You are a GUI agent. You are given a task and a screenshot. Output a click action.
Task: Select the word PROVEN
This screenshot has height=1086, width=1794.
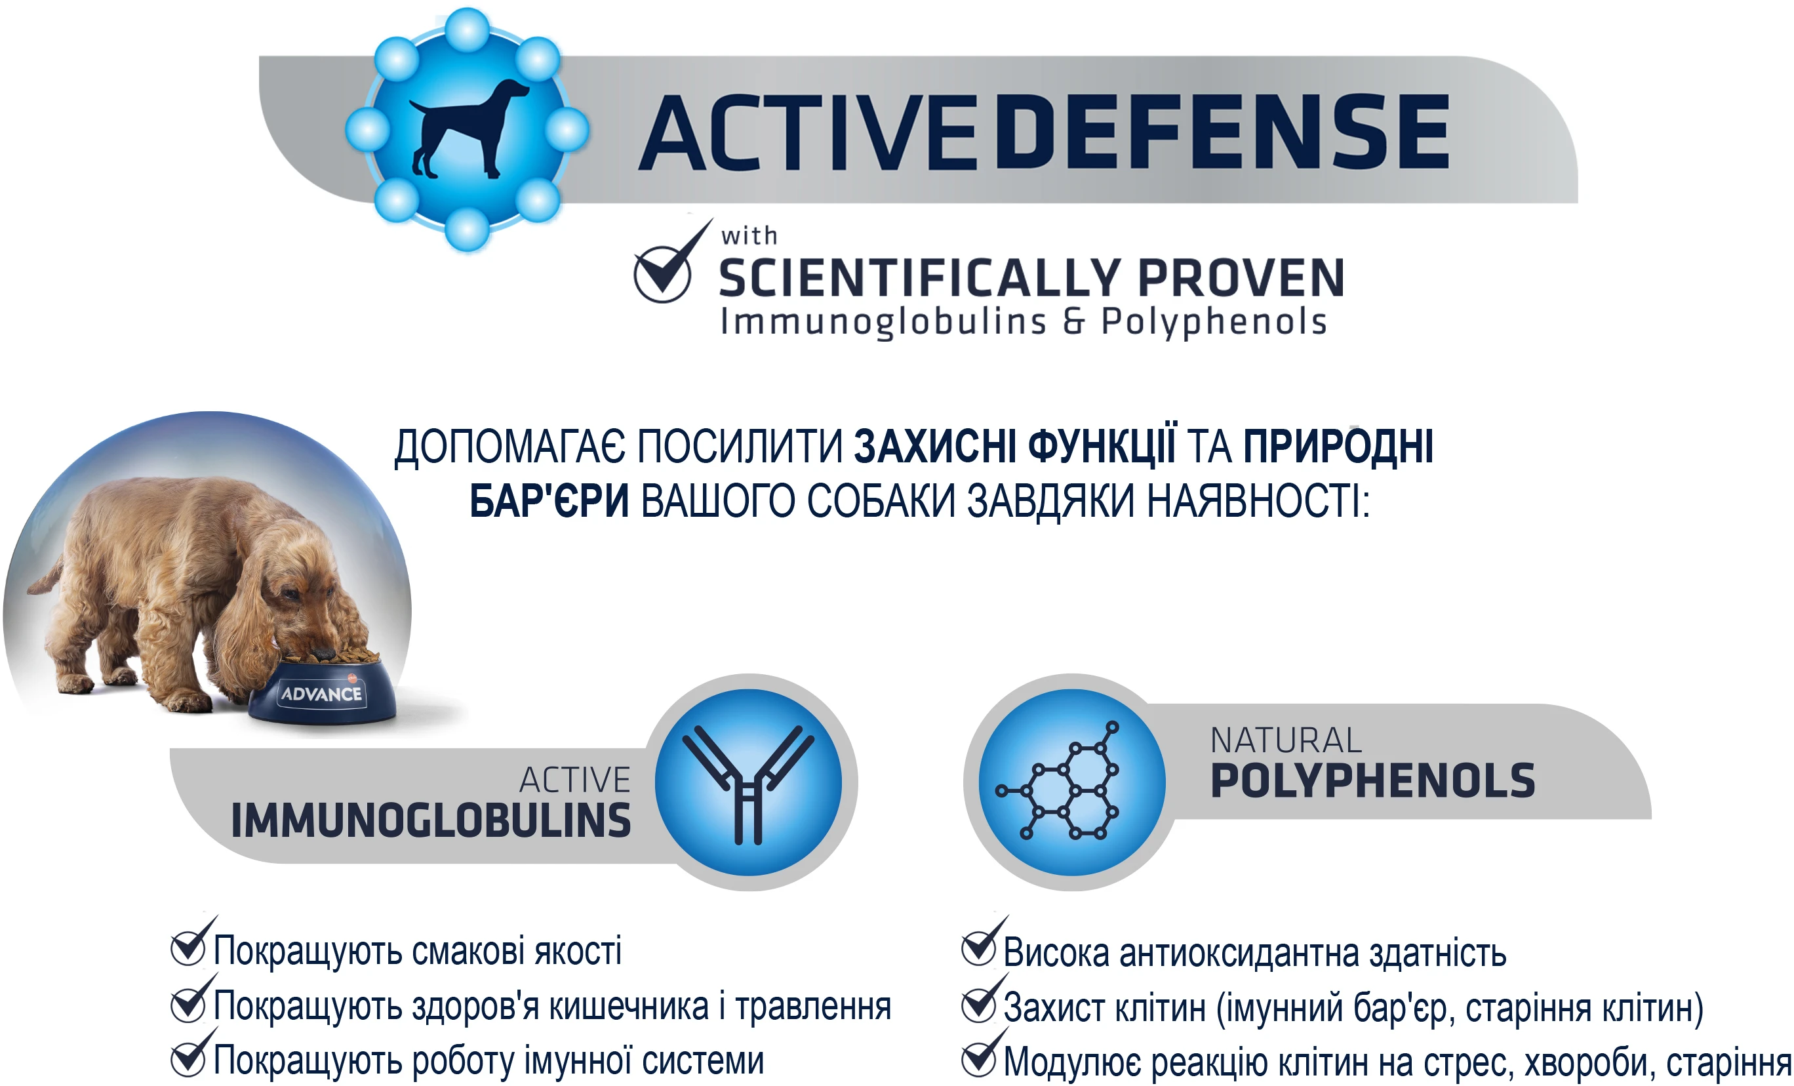[1241, 277]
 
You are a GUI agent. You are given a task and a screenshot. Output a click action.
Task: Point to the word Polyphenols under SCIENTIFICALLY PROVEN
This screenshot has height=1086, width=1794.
[1214, 322]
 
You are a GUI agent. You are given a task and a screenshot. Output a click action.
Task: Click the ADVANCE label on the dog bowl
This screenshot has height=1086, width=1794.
[322, 693]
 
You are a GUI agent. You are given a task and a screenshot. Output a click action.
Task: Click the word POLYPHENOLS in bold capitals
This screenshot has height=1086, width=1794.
[1372, 781]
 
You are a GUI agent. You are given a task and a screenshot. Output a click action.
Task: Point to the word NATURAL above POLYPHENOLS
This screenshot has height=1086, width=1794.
[1285, 741]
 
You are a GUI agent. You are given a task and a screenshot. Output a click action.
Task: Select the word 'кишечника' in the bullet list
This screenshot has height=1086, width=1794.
[628, 1007]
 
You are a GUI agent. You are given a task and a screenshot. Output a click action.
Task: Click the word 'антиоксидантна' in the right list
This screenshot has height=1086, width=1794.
[1239, 954]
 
